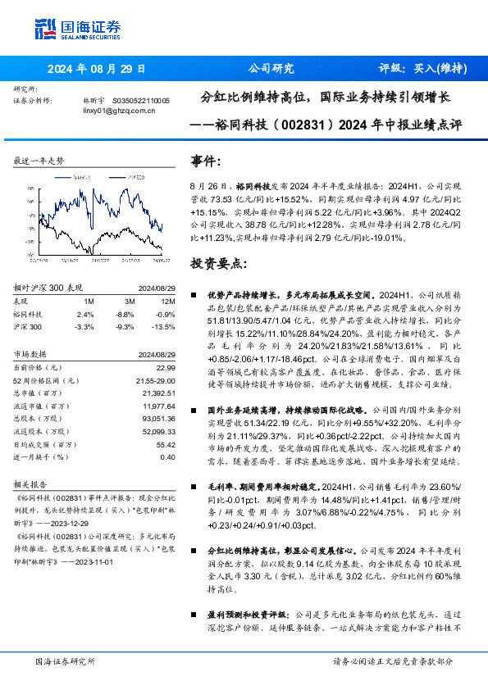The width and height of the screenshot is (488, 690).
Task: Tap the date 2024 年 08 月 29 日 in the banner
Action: tap(97, 69)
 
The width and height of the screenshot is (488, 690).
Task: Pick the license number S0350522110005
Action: tap(140, 100)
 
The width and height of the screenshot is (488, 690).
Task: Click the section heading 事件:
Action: tap(205, 160)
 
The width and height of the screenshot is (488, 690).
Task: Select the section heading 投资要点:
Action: tap(218, 264)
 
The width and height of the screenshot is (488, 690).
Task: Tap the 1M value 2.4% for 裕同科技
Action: tap(85, 314)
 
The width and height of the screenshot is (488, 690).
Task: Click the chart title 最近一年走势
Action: tap(39, 161)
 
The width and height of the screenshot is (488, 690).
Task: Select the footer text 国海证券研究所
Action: tap(62, 661)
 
